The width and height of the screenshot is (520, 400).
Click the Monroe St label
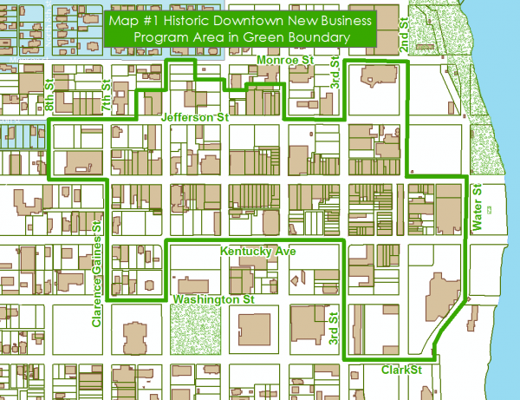285,60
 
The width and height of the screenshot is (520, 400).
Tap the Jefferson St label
194,115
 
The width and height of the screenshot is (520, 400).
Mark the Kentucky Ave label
258,251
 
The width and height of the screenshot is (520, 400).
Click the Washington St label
212,298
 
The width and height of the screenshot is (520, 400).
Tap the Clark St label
401,370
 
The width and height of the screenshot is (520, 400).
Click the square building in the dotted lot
254,331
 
